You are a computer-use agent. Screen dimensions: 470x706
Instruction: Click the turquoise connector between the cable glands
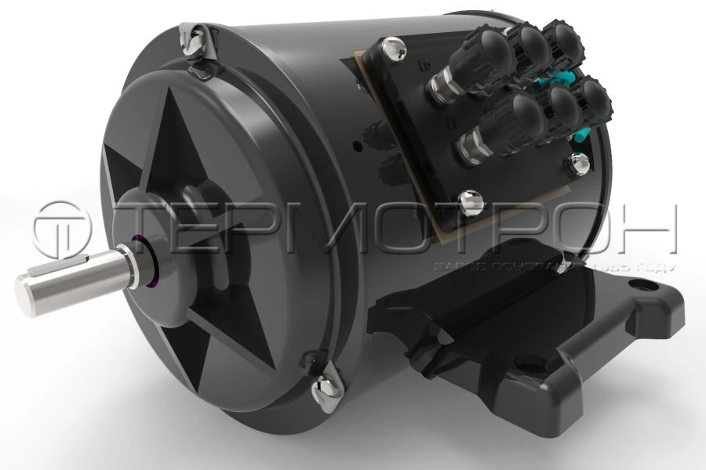coord(565,78)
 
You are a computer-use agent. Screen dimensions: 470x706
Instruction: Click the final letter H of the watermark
coord(648,227)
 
